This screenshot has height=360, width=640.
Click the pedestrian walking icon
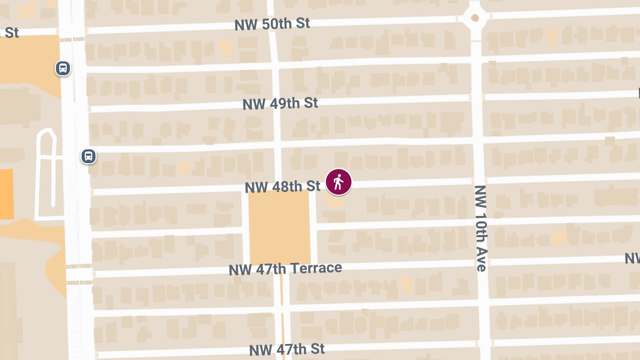339,182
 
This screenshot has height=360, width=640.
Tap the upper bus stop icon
63,68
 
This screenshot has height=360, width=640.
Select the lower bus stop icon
89,156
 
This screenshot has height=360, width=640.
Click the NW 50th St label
272,25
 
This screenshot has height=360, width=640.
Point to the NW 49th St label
280,103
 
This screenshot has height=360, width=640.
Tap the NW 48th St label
282,186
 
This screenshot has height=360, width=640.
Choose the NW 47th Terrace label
285,268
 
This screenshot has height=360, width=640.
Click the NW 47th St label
287,349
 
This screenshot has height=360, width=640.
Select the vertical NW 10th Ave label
481,228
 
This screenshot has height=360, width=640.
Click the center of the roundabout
475,18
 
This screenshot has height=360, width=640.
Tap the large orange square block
279,227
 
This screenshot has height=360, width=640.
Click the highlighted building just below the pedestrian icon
335,201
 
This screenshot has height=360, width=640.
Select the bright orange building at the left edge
6,194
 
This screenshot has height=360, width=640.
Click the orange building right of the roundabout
551,36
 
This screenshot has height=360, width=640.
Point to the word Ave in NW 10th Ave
481,260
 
